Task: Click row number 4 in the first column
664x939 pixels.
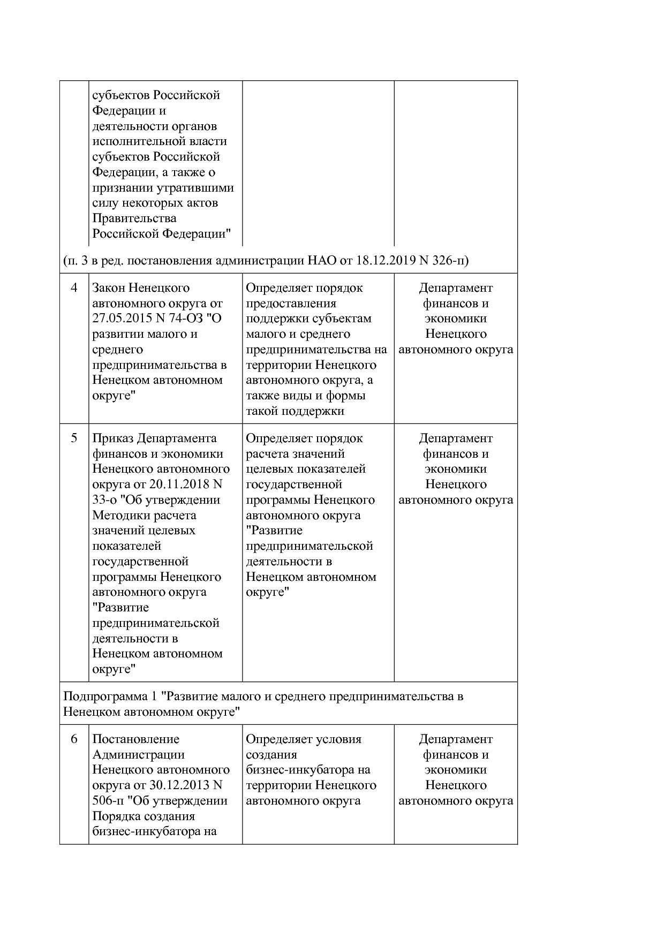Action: [74, 288]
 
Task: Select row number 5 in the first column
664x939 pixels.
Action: [74, 438]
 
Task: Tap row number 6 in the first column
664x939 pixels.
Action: [74, 739]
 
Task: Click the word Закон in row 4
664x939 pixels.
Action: [109, 288]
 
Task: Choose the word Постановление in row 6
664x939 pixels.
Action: [135, 739]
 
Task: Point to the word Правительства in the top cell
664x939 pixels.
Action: [134, 218]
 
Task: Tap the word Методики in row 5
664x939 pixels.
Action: [117, 516]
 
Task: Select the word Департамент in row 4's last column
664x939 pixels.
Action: [455, 288]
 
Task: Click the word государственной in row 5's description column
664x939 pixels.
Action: [293, 484]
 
